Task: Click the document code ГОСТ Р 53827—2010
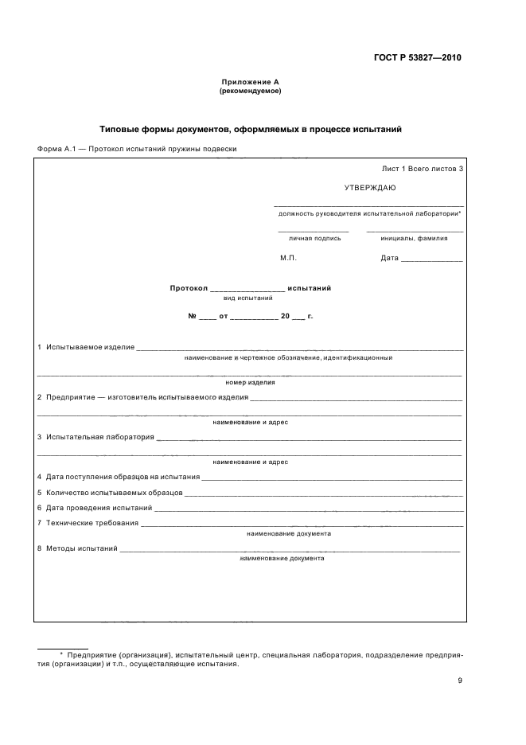[x=417, y=58]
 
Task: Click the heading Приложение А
[x=250, y=82]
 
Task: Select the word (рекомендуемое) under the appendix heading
[x=250, y=91]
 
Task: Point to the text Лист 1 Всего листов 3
[x=422, y=169]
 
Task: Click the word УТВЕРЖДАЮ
[x=369, y=189]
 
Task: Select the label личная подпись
[x=314, y=238]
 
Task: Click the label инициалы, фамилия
[x=414, y=238]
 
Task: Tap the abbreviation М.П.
[x=288, y=259]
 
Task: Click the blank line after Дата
[x=432, y=259]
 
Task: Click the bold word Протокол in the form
[x=188, y=288]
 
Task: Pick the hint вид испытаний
[x=247, y=298]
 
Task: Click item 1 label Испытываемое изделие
[x=89, y=348]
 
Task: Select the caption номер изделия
[x=250, y=382]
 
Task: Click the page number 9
[x=459, y=680]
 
